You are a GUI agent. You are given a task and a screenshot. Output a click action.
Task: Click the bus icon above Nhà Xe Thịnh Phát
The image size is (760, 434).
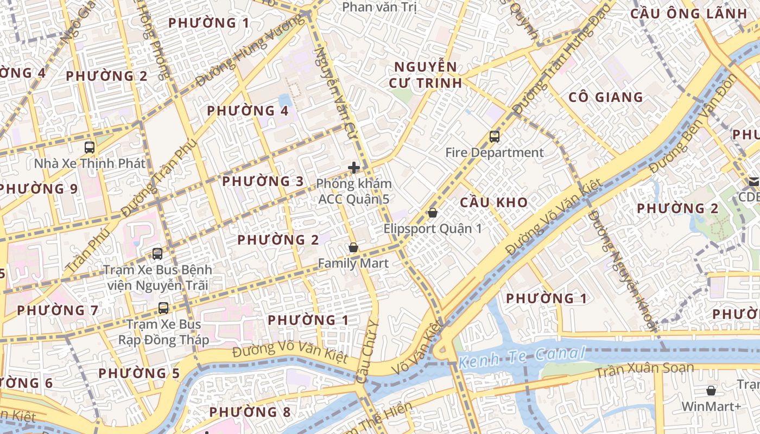point(90,147)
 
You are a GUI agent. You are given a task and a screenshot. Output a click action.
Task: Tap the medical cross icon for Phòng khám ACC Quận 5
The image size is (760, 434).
point(354,168)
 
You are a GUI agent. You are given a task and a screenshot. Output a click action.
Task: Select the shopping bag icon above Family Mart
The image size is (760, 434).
point(353,247)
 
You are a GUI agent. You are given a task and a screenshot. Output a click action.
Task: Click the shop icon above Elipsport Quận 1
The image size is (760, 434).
point(433,212)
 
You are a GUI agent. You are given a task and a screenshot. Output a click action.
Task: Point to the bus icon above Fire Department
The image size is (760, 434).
point(494,137)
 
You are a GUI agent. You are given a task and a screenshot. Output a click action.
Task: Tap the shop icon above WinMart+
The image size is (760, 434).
point(711,390)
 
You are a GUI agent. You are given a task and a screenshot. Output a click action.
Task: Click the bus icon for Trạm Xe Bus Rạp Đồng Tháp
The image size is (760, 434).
point(163,308)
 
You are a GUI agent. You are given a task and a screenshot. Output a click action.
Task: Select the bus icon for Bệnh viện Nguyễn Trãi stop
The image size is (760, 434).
point(157,253)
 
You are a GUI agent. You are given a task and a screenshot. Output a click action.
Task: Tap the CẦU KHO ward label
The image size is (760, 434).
point(493,203)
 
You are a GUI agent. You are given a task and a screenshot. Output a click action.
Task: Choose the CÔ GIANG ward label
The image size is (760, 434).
point(605,98)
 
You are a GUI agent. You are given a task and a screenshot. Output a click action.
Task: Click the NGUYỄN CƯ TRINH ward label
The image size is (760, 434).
point(426,75)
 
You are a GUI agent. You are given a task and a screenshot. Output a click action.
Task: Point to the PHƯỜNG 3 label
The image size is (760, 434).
point(263,181)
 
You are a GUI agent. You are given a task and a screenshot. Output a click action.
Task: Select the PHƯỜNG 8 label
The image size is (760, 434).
point(250,412)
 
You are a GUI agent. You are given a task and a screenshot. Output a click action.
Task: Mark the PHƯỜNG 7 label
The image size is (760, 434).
point(58,311)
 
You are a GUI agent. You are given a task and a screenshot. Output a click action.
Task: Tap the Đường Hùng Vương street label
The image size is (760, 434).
point(249,52)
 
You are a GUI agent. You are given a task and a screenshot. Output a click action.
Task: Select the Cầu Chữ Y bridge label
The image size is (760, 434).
point(368,352)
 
